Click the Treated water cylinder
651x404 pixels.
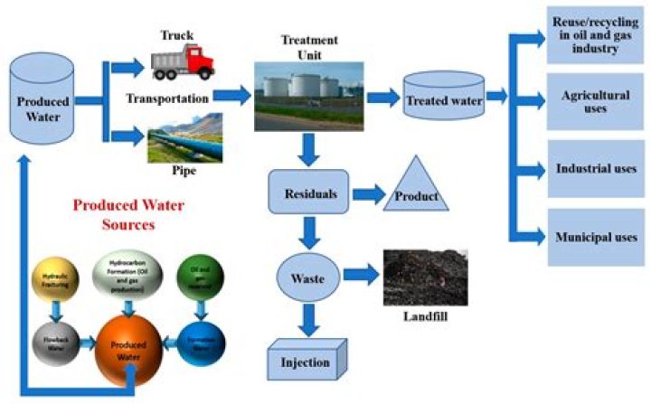tap(442, 98)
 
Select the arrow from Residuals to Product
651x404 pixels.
tap(367, 193)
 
